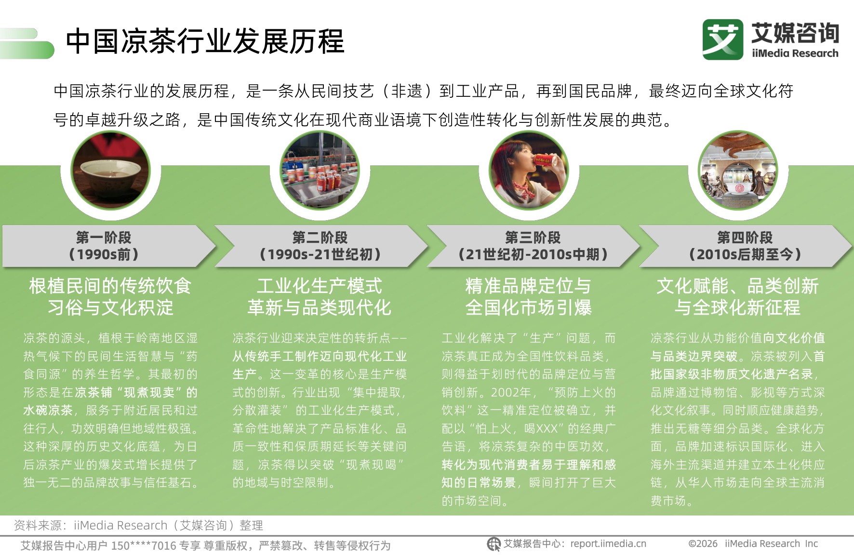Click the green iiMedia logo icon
coord(722,40)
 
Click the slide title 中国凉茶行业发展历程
coord(205,41)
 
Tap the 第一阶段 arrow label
coord(104,246)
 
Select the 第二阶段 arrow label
coord(320,246)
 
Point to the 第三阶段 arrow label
coord(533,246)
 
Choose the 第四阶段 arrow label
coord(745,246)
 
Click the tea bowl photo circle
coord(111,171)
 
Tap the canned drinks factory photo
coord(320,171)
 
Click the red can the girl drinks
coord(545,160)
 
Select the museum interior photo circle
coord(738,171)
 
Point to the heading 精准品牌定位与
coord(528,286)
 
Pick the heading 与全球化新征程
coord(737,307)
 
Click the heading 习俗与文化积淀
coord(110,307)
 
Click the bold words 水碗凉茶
coord(48,410)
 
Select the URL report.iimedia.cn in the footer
coord(608,544)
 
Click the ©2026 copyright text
coord(703,544)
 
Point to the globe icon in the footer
coord(494,544)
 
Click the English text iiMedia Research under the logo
coord(795,53)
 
